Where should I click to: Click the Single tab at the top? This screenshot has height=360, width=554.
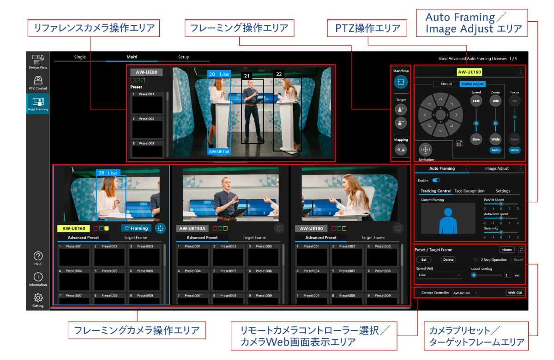80,57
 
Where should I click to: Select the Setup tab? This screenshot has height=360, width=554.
184,57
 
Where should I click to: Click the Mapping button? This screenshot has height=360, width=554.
401,150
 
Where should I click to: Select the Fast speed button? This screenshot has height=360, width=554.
476,101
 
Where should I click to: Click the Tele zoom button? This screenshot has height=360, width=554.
495,101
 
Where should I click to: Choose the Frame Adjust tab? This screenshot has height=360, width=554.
472,84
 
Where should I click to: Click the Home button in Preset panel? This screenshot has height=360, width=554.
507,250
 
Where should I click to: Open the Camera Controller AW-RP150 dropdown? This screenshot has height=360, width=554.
465,293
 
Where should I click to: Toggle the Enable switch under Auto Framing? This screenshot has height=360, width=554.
436,180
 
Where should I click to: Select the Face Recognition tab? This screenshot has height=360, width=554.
469,191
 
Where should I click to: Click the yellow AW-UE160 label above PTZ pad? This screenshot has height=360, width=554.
469,72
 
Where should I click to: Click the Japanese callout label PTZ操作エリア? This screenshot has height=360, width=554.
367,29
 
